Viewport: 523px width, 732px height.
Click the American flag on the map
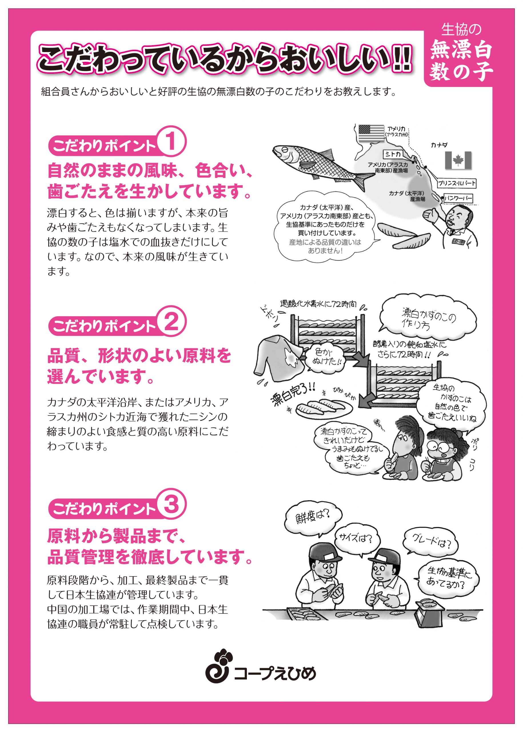pyautogui.click(x=371, y=133)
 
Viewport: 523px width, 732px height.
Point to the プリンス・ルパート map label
pyautogui.click(x=456, y=184)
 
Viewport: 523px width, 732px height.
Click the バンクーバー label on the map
pyautogui.click(x=459, y=198)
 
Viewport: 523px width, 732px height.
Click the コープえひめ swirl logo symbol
pyautogui.click(x=218, y=663)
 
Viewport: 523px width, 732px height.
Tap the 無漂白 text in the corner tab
pyautogui.click(x=461, y=50)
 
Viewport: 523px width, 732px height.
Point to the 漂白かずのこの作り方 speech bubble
pyautogui.click(x=428, y=318)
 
